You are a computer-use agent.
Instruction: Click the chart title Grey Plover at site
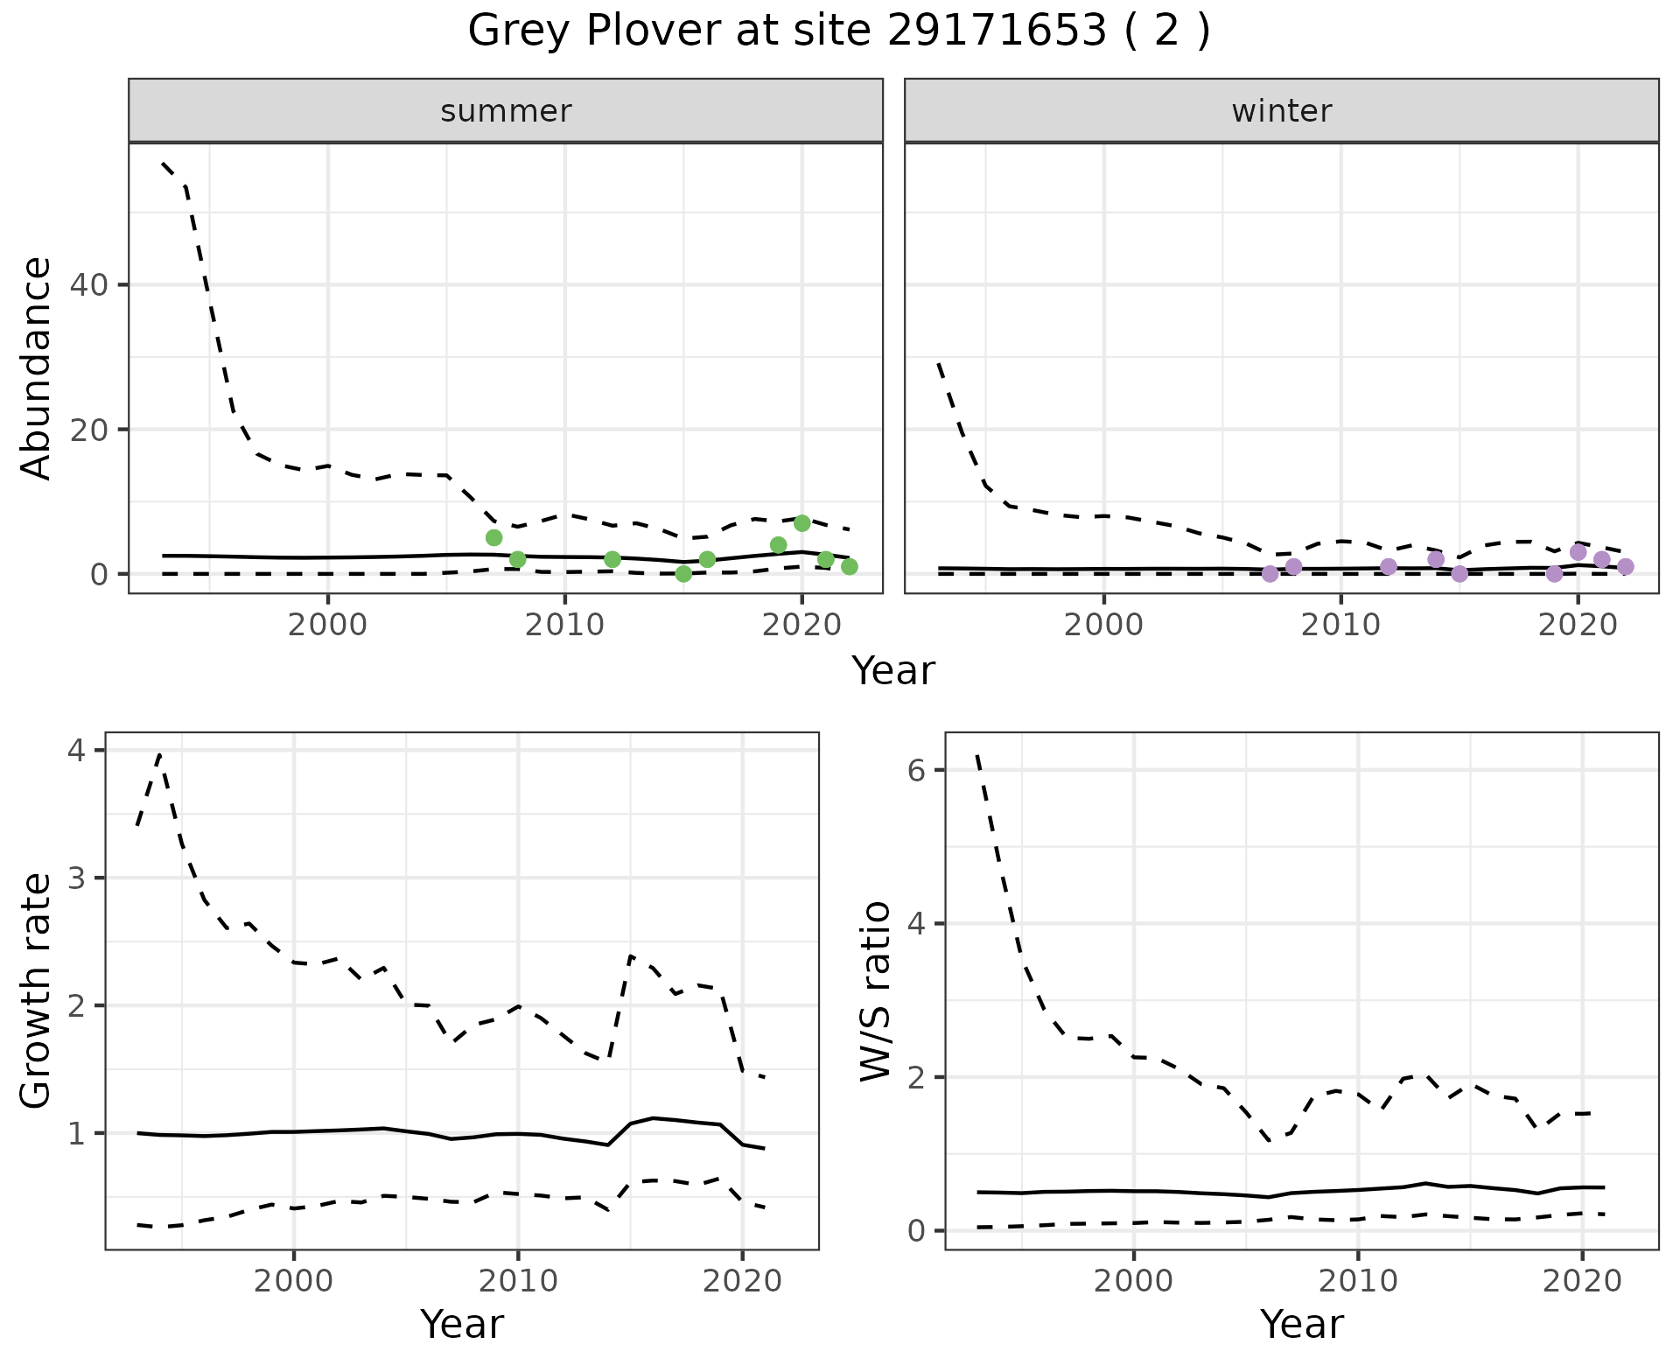(x=839, y=31)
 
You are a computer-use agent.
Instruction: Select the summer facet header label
(x=506, y=111)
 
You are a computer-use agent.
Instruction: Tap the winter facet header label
(x=1281, y=111)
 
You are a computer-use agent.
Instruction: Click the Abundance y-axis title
(x=37, y=368)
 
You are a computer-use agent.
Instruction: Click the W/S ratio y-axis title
(x=876, y=990)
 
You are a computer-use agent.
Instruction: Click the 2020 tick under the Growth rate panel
(x=742, y=1281)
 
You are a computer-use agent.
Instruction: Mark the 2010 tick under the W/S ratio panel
(x=1357, y=1281)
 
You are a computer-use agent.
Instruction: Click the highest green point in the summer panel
(x=801, y=523)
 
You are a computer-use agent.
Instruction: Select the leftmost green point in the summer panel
(x=493, y=537)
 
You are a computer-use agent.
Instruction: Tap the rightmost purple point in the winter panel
(x=1625, y=566)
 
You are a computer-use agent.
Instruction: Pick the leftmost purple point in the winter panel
(x=1270, y=574)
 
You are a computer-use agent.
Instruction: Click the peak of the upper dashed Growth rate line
(x=159, y=753)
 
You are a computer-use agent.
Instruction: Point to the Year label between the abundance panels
(x=893, y=671)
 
